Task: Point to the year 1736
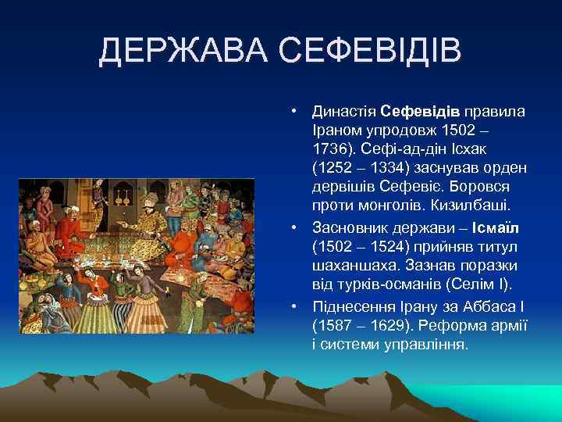click(331, 148)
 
